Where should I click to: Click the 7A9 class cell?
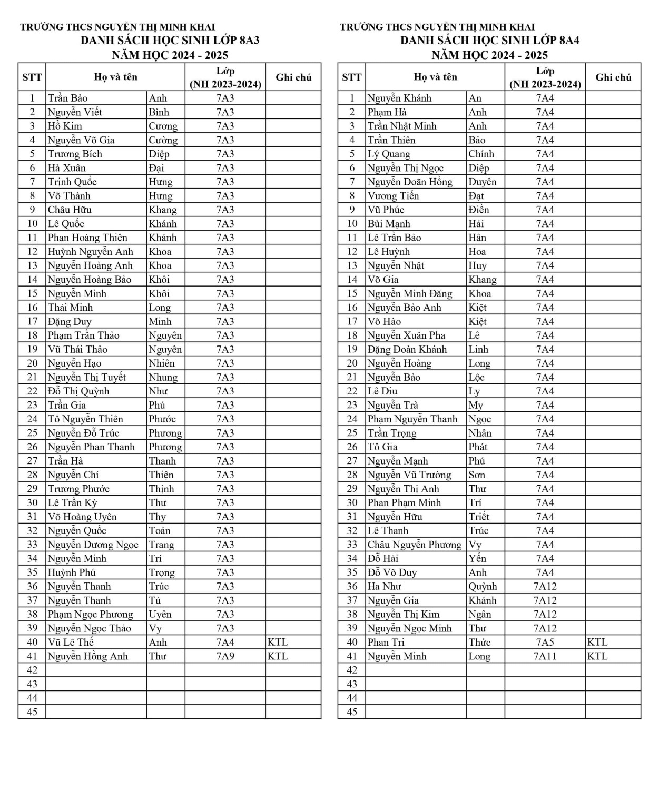tap(225, 656)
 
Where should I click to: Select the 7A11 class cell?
tap(545, 656)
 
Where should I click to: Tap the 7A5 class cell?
tap(545, 642)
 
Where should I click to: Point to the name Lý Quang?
tap(389, 154)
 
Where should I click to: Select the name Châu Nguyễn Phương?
tap(414, 545)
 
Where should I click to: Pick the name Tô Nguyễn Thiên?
tap(85, 419)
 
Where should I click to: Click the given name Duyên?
tap(483, 182)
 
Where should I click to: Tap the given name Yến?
tap(477, 558)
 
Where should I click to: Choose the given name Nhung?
tap(163, 377)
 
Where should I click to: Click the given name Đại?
tap(156, 168)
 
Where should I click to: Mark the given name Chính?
tap(481, 154)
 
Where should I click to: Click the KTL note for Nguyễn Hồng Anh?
tap(278, 656)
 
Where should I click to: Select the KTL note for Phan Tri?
tap(597, 642)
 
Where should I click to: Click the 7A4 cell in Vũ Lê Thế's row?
tap(225, 642)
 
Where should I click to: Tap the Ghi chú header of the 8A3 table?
tap(293, 77)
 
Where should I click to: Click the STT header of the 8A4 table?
tap(351, 77)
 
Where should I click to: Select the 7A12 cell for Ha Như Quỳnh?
tap(545, 586)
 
